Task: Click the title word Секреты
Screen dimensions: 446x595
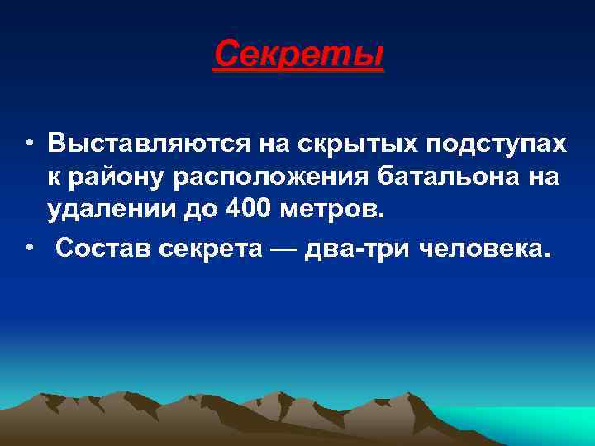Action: (298, 55)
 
